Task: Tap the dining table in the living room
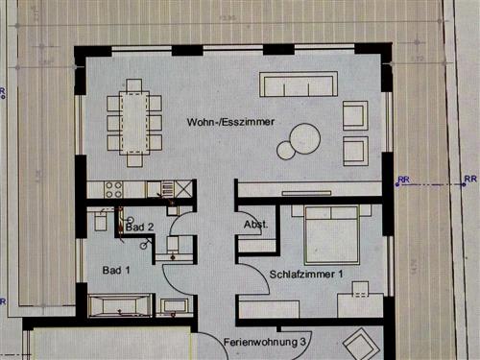click(134, 122)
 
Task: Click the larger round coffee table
click(305, 138)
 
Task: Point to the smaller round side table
click(285, 150)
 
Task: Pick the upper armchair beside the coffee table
click(354, 116)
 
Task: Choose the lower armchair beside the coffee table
click(354, 151)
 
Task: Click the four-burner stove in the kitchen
click(113, 189)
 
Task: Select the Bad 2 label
click(139, 227)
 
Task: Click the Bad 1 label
click(116, 272)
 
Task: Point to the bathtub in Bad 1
click(118, 307)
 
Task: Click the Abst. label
click(255, 227)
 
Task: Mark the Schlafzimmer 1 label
click(306, 274)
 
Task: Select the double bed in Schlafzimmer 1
click(331, 234)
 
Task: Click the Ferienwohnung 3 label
click(265, 342)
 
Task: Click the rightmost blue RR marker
click(469, 179)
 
